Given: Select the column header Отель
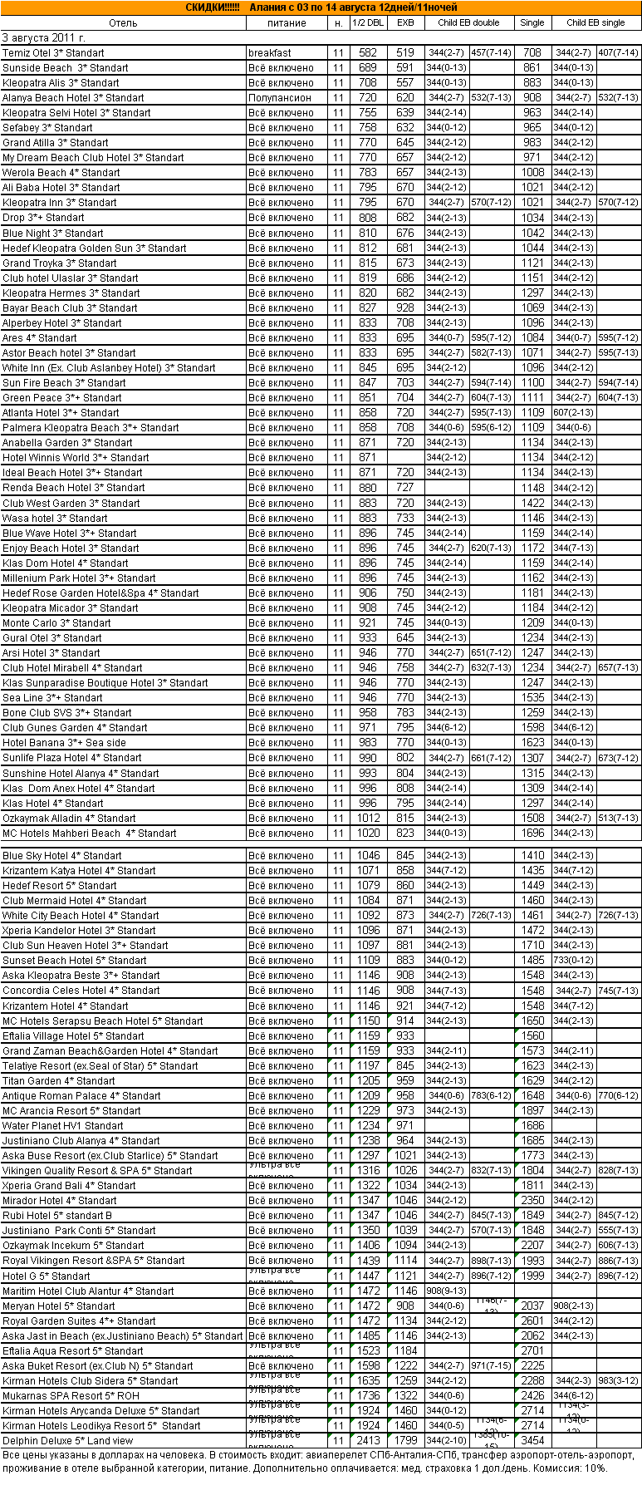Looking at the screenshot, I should (123, 23).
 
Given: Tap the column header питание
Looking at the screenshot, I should (287, 23).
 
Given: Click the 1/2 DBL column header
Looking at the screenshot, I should (368, 23).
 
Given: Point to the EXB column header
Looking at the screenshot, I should (405, 23).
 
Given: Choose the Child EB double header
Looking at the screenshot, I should (468, 23).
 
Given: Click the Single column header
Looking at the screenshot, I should (532, 23).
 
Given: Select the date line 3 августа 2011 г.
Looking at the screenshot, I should (44, 38).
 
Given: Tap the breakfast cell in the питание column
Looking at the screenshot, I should (270, 53).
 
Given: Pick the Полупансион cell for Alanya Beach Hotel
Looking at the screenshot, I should (280, 98).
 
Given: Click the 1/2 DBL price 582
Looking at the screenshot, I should (368, 53).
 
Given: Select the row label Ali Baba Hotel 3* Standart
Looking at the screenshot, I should (61, 188).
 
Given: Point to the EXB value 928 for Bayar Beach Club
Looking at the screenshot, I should (405, 308).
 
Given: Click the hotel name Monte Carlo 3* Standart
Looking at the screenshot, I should (56, 623).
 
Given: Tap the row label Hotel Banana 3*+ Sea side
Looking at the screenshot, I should (65, 743).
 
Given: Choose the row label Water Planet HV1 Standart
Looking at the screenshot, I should (63, 1126).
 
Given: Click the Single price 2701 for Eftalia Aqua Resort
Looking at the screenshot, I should (532, 1351).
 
